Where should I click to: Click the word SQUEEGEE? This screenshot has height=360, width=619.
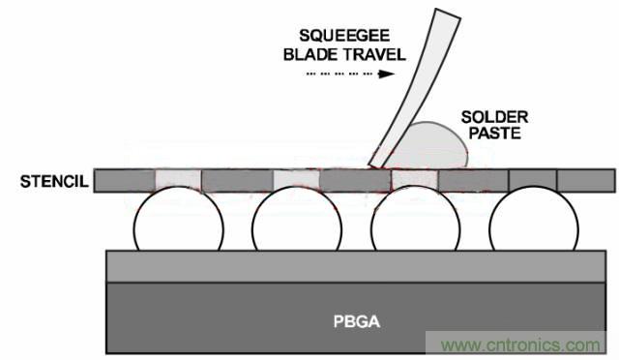pyautogui.click(x=344, y=36)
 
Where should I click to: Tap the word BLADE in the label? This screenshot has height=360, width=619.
pyautogui.click(x=311, y=54)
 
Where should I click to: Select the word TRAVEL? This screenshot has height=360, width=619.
pyautogui.click(x=374, y=54)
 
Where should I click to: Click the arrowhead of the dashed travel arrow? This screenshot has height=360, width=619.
pyautogui.click(x=386, y=74)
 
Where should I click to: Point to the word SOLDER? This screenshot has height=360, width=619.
pyautogui.click(x=494, y=117)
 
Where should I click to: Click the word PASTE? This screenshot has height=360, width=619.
pyautogui.click(x=494, y=134)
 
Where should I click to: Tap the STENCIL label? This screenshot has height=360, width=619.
pyautogui.click(x=54, y=181)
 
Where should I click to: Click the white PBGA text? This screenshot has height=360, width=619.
pyautogui.click(x=357, y=321)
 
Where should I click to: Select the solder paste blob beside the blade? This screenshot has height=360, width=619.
pyautogui.click(x=428, y=145)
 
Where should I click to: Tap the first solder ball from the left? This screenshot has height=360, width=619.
pyautogui.click(x=178, y=219)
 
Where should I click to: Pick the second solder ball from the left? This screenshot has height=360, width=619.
pyautogui.click(x=297, y=219)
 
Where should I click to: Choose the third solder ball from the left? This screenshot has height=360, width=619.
pyautogui.click(x=415, y=219)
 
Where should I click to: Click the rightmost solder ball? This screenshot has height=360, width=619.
pyautogui.click(x=534, y=219)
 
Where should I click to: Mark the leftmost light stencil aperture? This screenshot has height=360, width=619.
pyautogui.click(x=178, y=181)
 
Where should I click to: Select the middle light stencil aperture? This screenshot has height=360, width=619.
pyautogui.click(x=297, y=181)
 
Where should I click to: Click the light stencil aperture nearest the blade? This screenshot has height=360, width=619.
pyautogui.click(x=415, y=181)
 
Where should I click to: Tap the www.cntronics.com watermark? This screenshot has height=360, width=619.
pyautogui.click(x=520, y=345)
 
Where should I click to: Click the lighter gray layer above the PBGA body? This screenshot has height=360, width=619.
pyautogui.click(x=356, y=266)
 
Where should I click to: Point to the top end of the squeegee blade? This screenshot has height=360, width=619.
pyautogui.click(x=448, y=13)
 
